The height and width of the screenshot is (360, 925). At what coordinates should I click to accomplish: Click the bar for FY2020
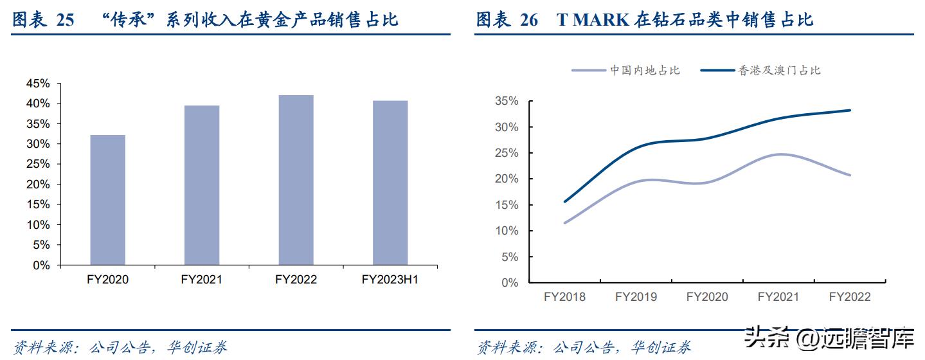pyautogui.click(x=107, y=200)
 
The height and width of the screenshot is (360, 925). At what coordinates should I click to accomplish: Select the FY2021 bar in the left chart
pyautogui.click(x=202, y=185)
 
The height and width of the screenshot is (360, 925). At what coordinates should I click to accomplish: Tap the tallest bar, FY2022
pyautogui.click(x=296, y=180)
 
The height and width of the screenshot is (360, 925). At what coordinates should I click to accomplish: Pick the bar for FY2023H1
pyautogui.click(x=390, y=183)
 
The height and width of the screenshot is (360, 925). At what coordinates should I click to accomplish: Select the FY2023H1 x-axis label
pyautogui.click(x=390, y=280)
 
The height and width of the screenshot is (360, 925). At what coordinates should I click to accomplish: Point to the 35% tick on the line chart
pyautogui.click(x=507, y=101)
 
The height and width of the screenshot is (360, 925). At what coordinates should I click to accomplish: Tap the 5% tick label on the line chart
pyautogui.click(x=509, y=257)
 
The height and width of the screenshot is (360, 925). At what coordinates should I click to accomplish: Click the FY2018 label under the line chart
pyautogui.click(x=564, y=297)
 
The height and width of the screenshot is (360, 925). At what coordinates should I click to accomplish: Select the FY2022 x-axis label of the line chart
pyautogui.click(x=850, y=297)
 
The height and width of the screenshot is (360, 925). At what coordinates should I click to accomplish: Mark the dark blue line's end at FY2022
pyautogui.click(x=850, y=111)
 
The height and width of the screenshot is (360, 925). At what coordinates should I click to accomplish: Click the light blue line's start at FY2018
pyautogui.click(x=565, y=223)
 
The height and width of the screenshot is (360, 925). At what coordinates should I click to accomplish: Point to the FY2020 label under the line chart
pyautogui.click(x=707, y=297)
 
